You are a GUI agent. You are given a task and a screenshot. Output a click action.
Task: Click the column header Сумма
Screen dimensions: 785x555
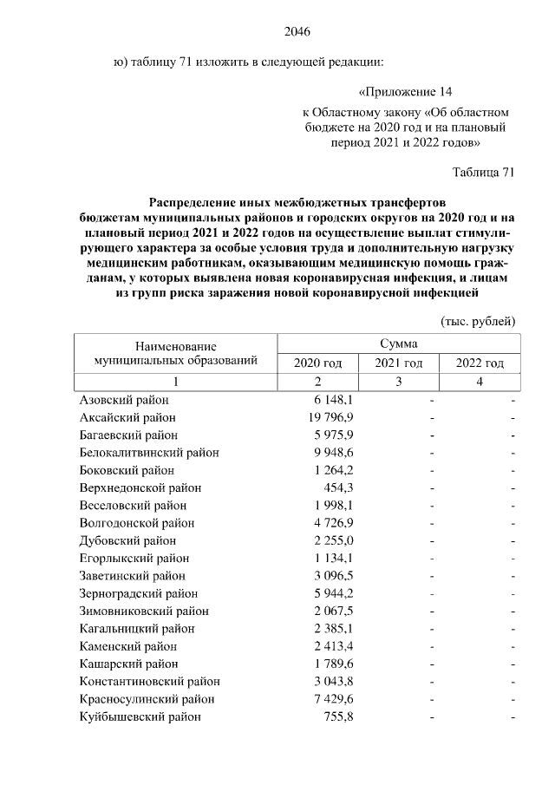(x=398, y=343)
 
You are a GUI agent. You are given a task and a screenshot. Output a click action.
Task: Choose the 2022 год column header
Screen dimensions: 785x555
(x=479, y=363)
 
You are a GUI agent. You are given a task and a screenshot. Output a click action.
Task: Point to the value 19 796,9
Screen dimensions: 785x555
(x=327, y=417)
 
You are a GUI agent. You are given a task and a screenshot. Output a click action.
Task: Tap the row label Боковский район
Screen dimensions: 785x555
(x=127, y=470)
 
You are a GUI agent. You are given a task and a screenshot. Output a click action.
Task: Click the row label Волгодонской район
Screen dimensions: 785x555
(x=137, y=523)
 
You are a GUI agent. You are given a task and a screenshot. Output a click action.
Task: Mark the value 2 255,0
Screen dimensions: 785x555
(x=330, y=540)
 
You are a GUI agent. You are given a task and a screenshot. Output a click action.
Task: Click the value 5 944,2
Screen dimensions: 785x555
(x=330, y=593)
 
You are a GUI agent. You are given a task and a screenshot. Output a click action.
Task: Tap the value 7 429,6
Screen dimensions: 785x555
(x=330, y=699)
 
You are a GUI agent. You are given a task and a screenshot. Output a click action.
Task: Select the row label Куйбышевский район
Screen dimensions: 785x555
(x=140, y=716)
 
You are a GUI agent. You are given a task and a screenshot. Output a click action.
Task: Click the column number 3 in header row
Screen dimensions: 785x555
(x=398, y=382)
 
